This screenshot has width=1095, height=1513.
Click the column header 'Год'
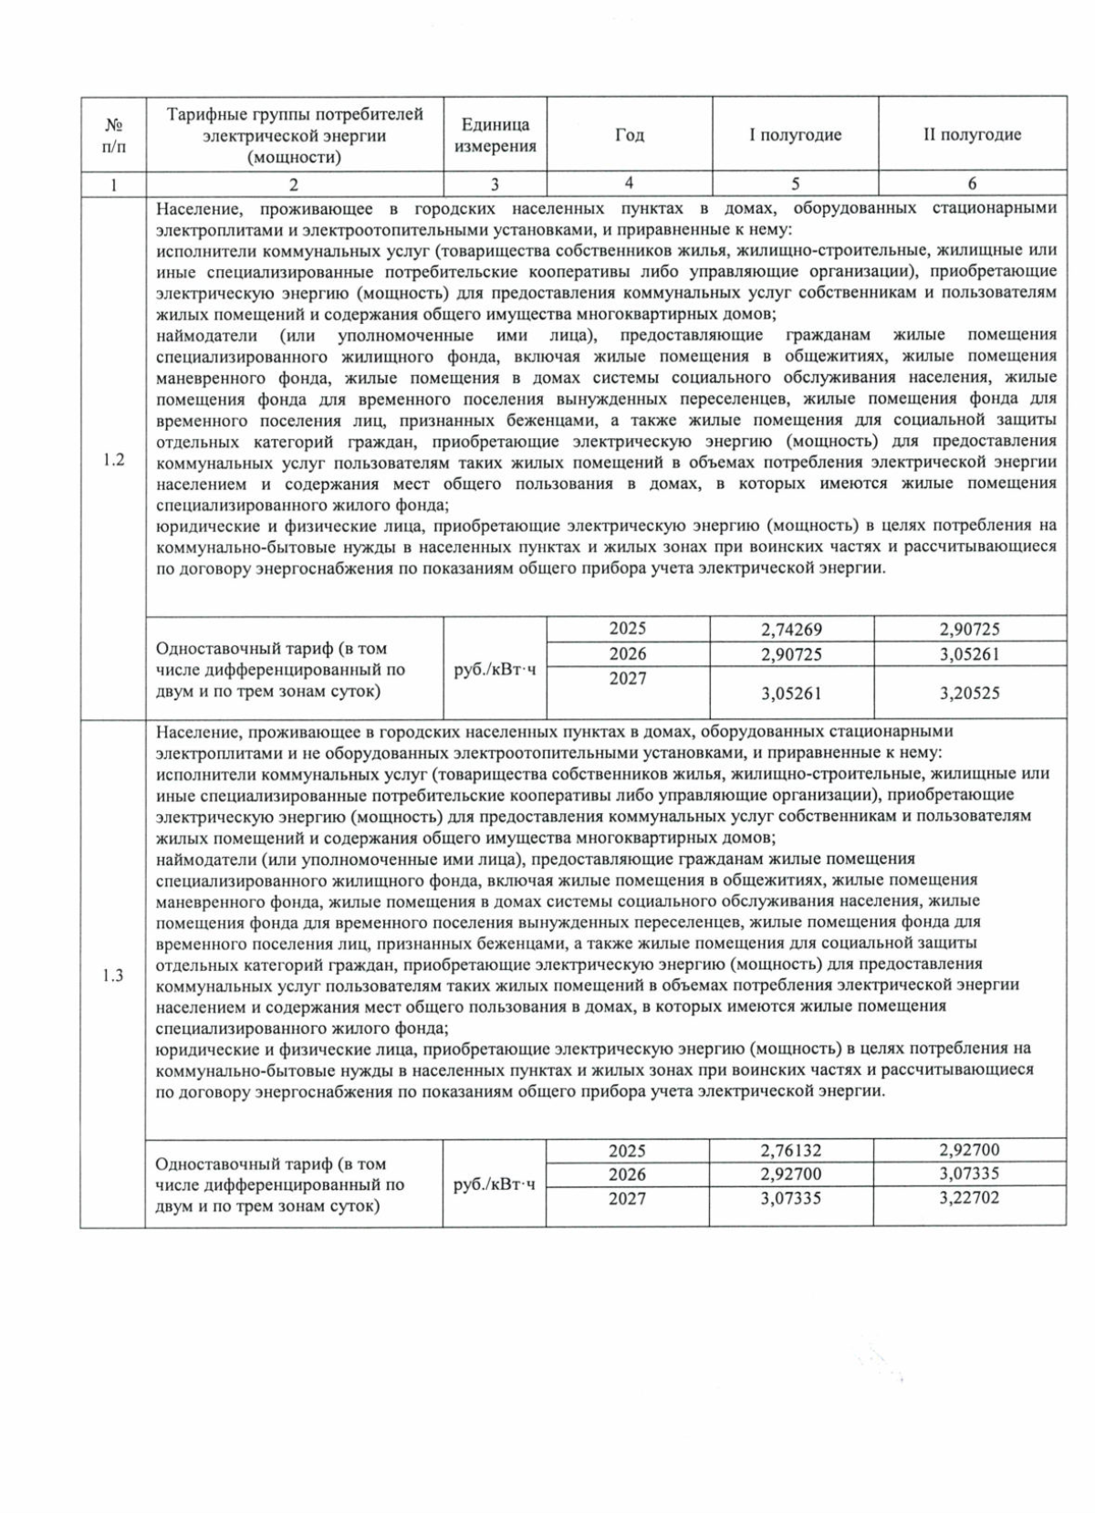pos(629,135)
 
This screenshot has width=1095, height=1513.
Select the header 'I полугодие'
pos(795,135)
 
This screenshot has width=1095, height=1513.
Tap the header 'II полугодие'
pos(972,135)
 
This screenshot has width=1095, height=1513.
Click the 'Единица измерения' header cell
pos(495,135)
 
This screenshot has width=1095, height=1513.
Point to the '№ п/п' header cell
pos(113,135)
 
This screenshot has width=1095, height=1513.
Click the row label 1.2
pos(113,459)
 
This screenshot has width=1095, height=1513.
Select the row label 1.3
pos(113,976)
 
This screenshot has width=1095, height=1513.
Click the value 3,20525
pos(969,694)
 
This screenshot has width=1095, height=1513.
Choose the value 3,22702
pos(969,1197)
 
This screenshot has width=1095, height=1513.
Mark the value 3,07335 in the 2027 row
pos(791,1197)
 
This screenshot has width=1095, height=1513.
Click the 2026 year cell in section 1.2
pos(628,653)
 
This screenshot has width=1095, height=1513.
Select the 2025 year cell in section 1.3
pos(628,1151)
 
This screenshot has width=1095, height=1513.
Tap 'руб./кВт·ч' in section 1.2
pos(495,670)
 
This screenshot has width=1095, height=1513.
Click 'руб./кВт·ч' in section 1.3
pos(495,1184)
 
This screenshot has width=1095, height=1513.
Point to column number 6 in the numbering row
pos(972,183)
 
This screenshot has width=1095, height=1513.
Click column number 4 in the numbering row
pos(629,183)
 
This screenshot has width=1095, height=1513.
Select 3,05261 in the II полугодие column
pos(969,654)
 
